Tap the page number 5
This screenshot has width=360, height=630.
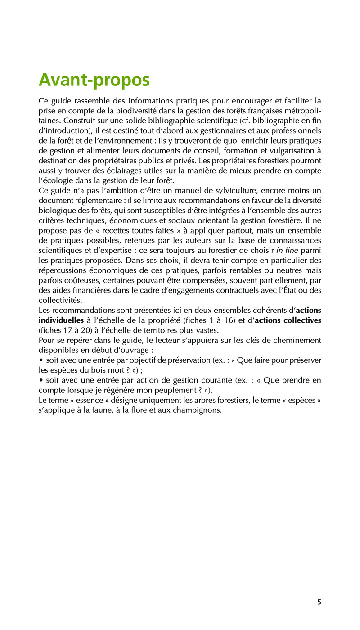[319, 602]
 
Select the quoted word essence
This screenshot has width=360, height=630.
[86, 400]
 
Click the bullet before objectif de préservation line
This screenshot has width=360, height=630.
[41, 360]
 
